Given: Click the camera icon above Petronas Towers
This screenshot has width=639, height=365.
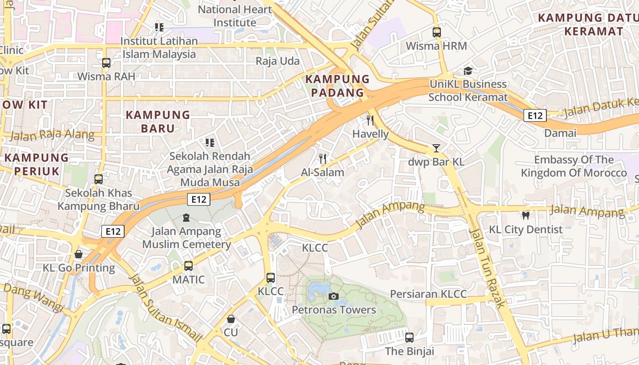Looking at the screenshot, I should (x=334, y=297).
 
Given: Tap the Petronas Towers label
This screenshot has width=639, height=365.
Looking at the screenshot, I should (x=334, y=310).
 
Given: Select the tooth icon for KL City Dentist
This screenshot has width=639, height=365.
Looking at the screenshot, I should (x=525, y=215).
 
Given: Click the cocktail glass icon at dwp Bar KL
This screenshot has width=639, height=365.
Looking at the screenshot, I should (x=436, y=148).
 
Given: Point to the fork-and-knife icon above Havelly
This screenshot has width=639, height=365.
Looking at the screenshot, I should (x=370, y=120).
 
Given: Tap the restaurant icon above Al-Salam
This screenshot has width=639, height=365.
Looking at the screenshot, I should (x=323, y=159).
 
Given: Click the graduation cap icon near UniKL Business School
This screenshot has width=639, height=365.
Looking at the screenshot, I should (x=468, y=71).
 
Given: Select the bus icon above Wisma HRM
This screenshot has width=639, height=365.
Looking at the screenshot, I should (x=437, y=32).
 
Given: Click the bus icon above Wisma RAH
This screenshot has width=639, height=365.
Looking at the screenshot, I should (x=106, y=63).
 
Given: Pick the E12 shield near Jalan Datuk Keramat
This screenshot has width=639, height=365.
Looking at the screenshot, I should (x=534, y=115).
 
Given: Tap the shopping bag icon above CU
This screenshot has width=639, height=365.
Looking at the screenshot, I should (x=231, y=319).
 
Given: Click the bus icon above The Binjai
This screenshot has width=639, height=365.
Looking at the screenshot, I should (x=409, y=338).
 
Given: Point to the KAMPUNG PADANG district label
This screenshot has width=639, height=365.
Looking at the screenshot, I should (x=337, y=86).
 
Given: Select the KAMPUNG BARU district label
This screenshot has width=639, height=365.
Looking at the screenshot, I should (x=157, y=121).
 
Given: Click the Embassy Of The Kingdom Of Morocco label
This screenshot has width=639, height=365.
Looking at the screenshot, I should (x=574, y=167).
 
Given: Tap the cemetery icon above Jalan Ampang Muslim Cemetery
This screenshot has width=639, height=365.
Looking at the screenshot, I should (x=186, y=218).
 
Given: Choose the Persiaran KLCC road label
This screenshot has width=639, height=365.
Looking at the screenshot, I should (x=428, y=294).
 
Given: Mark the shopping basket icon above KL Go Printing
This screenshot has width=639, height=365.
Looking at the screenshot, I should (x=79, y=254).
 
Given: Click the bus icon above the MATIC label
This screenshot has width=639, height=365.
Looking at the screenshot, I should (x=189, y=266).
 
